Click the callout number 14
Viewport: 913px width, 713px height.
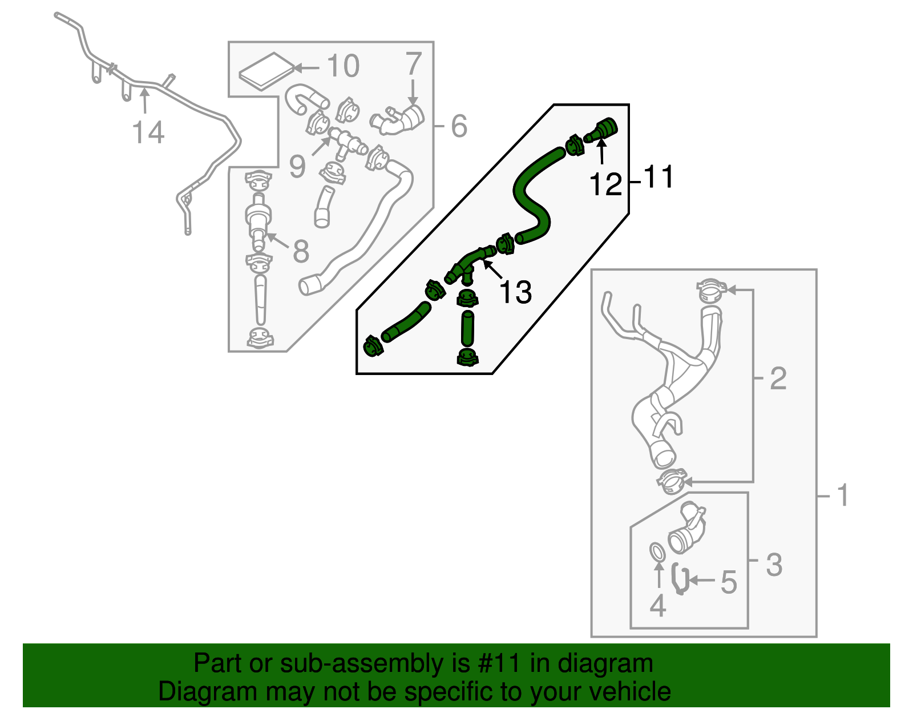pos(148,132)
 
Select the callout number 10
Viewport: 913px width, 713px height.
pos(343,66)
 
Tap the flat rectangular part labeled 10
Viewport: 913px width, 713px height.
pos(266,71)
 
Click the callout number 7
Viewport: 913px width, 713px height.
pos(414,64)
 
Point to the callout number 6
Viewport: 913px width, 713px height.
pos(459,126)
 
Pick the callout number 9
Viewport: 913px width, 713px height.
pos(297,166)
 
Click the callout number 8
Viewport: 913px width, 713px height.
pos(301,251)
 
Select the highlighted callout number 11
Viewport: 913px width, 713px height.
pos(659,177)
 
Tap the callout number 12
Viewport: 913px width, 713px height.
pos(605,185)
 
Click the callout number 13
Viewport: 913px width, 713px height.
pos(515,292)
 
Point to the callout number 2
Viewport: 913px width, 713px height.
pos(778,378)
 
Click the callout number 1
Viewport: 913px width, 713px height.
pos(843,496)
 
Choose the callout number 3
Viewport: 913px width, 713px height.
pos(774,565)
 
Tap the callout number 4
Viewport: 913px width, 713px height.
pos(657,606)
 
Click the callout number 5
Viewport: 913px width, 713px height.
pos(729,582)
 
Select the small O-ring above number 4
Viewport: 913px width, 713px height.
pos(657,552)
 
